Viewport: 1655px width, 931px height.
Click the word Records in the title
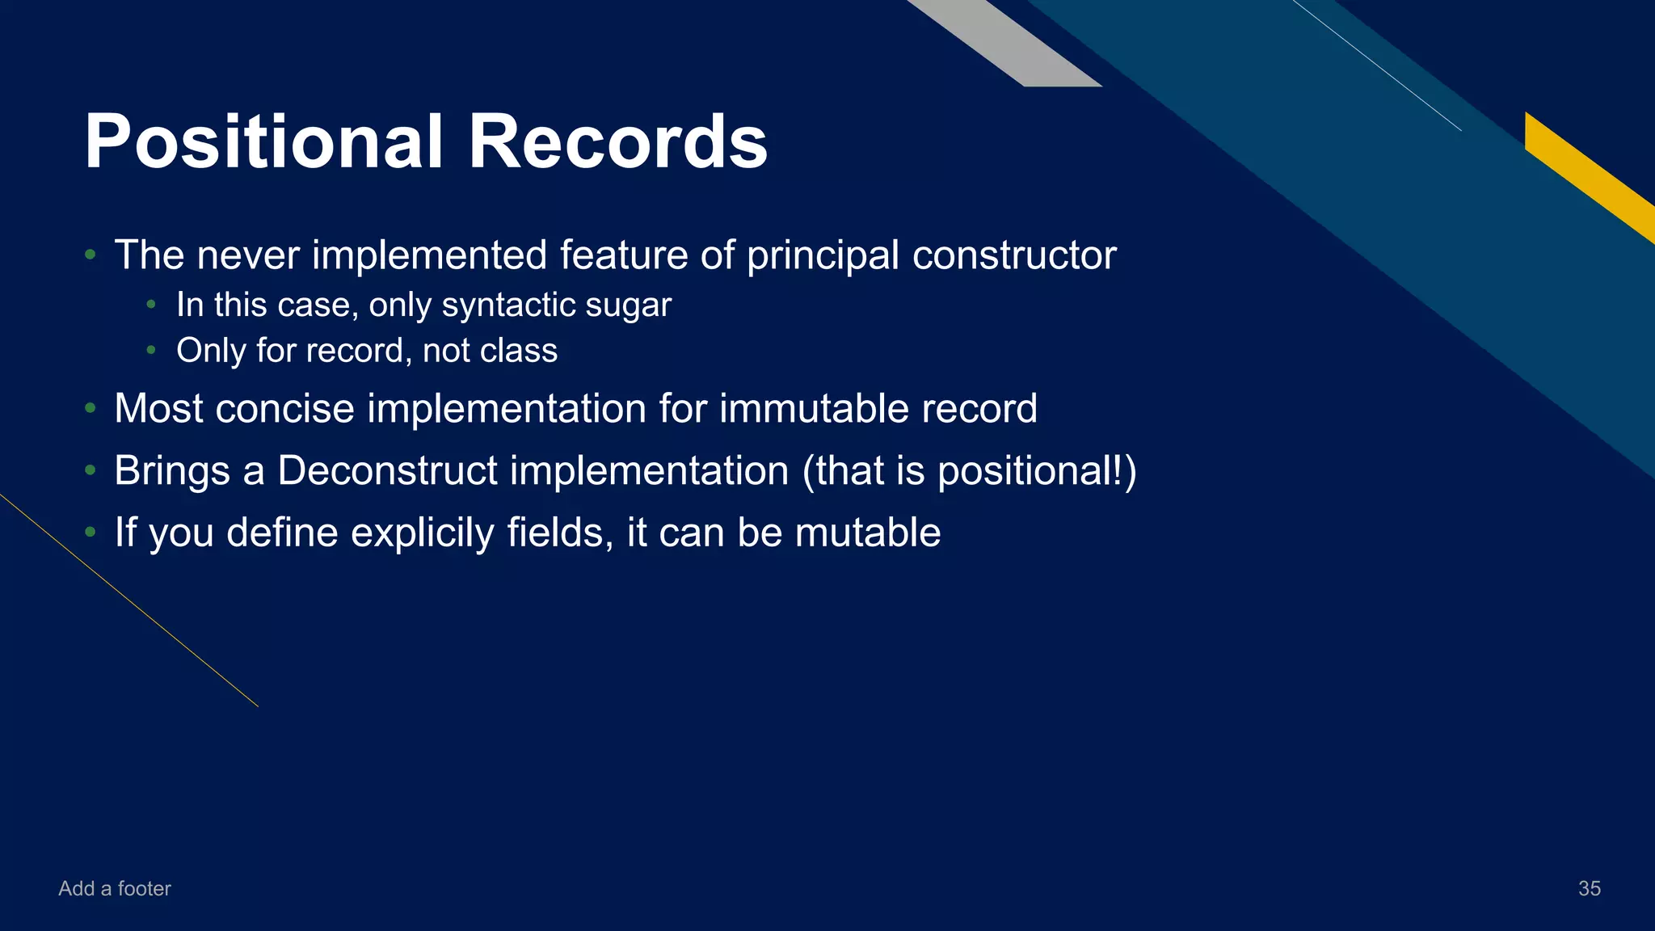pyautogui.click(x=617, y=142)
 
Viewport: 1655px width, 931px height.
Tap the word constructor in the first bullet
pyautogui.click(x=1014, y=255)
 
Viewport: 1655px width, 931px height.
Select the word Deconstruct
pyautogui.click(x=387, y=470)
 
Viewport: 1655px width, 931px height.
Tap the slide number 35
pyautogui.click(x=1589, y=888)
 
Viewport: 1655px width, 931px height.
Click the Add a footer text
pyautogui.click(x=115, y=888)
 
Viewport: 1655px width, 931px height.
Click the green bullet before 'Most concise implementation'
pyautogui.click(x=91, y=409)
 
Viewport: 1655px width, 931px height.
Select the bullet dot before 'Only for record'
pyautogui.click(x=151, y=351)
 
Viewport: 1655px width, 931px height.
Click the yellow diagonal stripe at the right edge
pyautogui.click(x=1588, y=174)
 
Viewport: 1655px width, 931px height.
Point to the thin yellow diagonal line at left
pyautogui.click(x=129, y=600)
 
